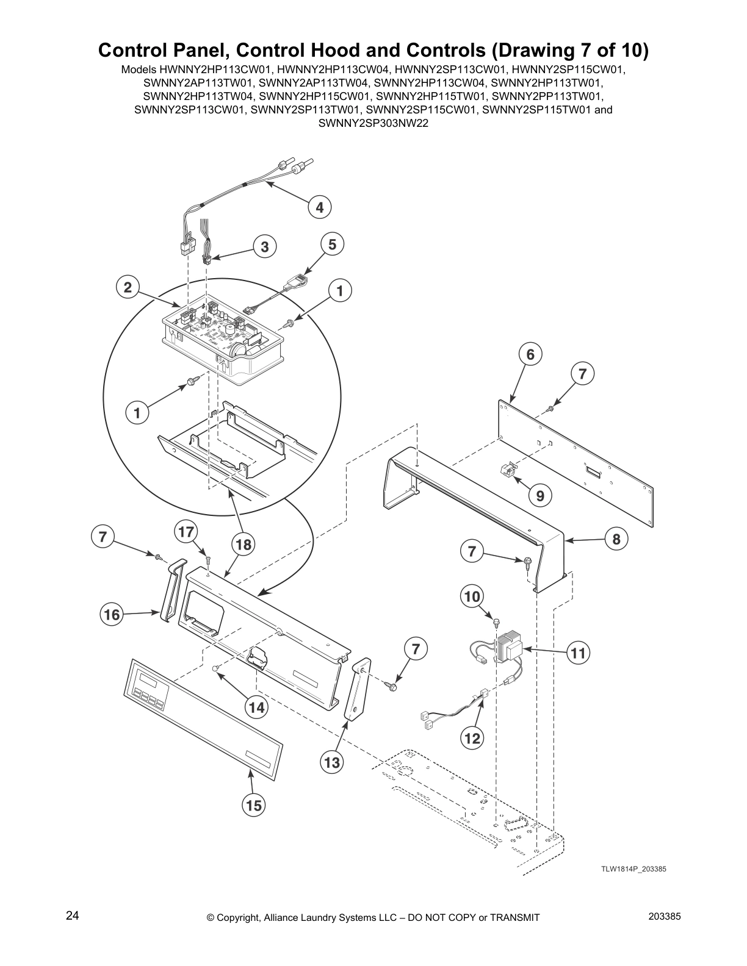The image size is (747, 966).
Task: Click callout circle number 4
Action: coord(319,207)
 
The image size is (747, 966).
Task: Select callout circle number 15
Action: coord(253,806)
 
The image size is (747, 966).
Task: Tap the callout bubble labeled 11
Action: coord(577,654)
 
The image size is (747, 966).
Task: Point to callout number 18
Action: coord(243,545)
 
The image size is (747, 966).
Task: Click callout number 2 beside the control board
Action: coord(128,287)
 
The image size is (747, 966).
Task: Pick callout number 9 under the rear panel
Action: coord(540,496)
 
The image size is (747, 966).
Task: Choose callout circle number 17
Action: coord(186,532)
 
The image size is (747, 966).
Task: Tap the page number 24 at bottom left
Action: coord(73,916)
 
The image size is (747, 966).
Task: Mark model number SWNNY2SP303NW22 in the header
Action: coord(373,123)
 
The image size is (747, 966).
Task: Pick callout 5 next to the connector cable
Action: coord(332,245)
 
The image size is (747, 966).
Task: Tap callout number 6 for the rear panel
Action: coord(530,354)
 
